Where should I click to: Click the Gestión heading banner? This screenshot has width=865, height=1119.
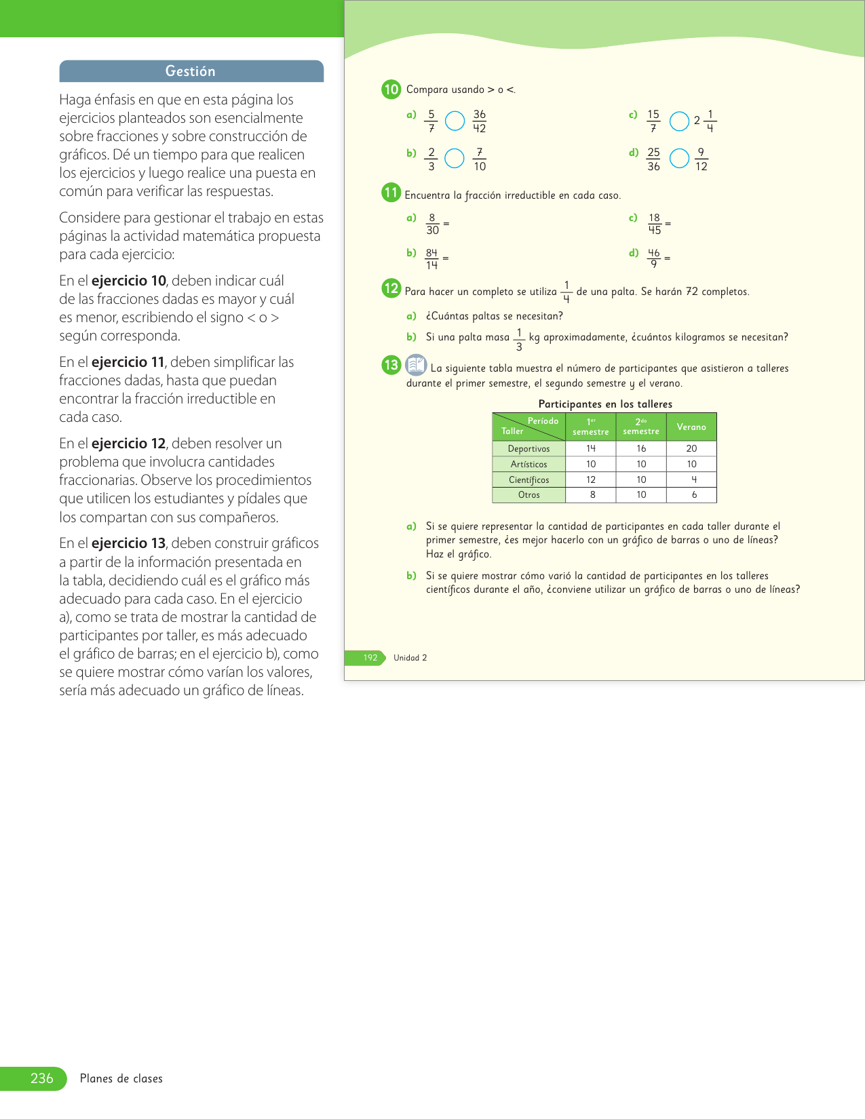pos(191,71)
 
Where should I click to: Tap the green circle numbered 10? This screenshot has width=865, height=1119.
pos(391,90)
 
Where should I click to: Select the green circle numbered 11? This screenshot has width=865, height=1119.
pos(391,193)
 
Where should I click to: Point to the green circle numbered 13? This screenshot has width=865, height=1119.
pos(391,366)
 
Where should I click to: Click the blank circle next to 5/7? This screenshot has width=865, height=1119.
pos(455,121)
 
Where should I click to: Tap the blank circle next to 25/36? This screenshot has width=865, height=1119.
pos(679,159)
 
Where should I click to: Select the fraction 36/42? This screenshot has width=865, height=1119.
pos(480,121)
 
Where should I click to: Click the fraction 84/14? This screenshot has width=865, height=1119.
pos(431,258)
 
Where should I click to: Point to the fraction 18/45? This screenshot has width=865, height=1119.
pos(654,224)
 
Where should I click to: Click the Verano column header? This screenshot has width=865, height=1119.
pos(691,427)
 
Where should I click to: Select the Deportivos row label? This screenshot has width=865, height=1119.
pos(528,449)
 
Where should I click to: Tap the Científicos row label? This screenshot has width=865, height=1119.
pos(528,480)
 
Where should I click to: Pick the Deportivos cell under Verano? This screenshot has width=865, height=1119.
pos(691,449)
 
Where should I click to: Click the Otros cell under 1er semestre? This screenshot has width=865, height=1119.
pos(592,495)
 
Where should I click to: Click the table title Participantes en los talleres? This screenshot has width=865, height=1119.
pos(605,404)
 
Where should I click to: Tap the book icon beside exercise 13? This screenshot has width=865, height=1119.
pos(416,365)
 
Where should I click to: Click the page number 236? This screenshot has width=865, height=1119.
pos(41,1078)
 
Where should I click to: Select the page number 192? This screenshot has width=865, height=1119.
pos(370,658)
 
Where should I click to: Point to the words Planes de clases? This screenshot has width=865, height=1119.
pos(121,1079)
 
